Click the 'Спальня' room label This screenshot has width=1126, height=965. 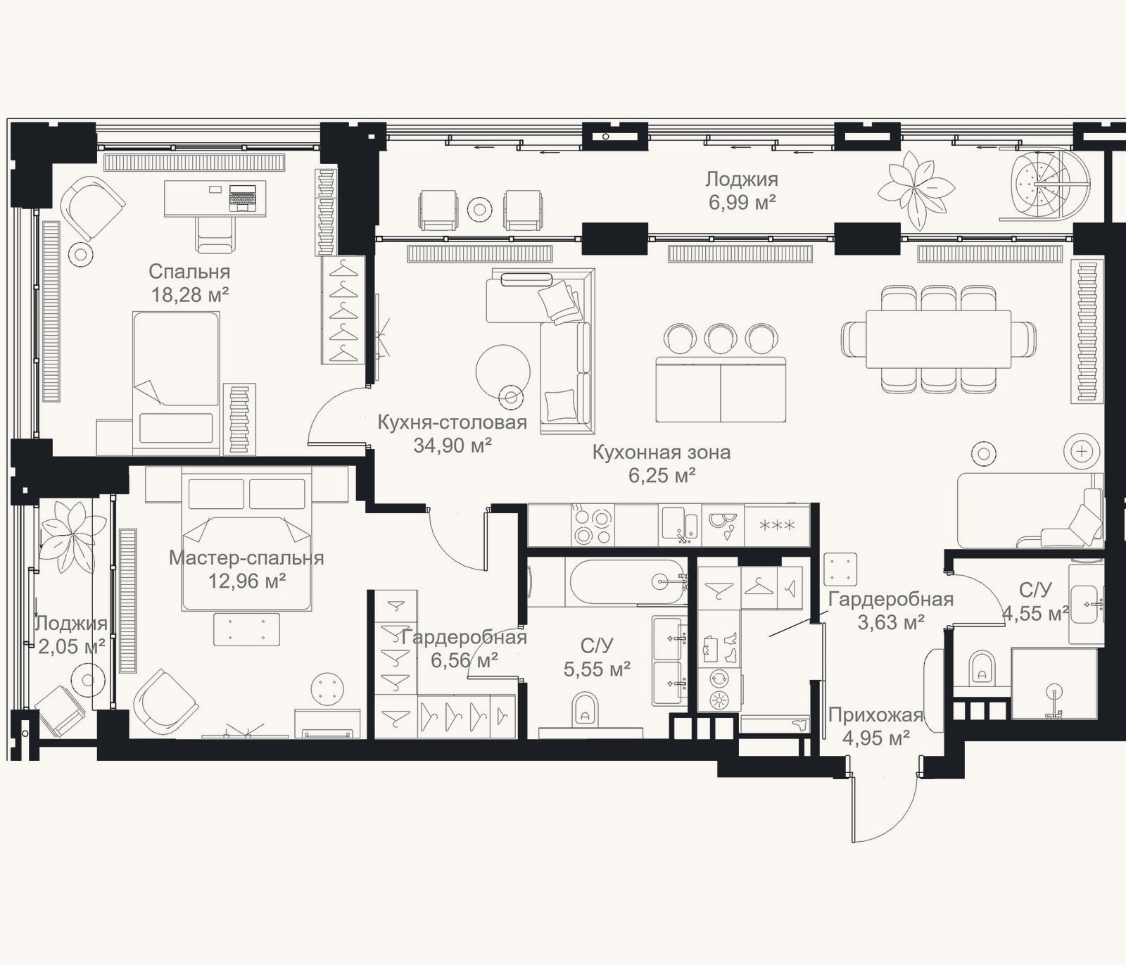coord(189,272)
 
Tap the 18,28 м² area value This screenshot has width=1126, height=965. coord(189,294)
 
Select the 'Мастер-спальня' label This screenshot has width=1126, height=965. coord(246,558)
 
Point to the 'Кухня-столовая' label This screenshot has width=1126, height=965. coord(452,422)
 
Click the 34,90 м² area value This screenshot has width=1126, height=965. coord(452,445)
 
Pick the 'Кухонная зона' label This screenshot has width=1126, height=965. coord(662,453)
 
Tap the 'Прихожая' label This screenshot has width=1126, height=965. coord(875,715)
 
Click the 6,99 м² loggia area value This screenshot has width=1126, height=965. coord(742,203)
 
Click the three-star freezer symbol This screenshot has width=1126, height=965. coord(777,526)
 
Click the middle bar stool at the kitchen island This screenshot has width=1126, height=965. coord(721,339)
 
